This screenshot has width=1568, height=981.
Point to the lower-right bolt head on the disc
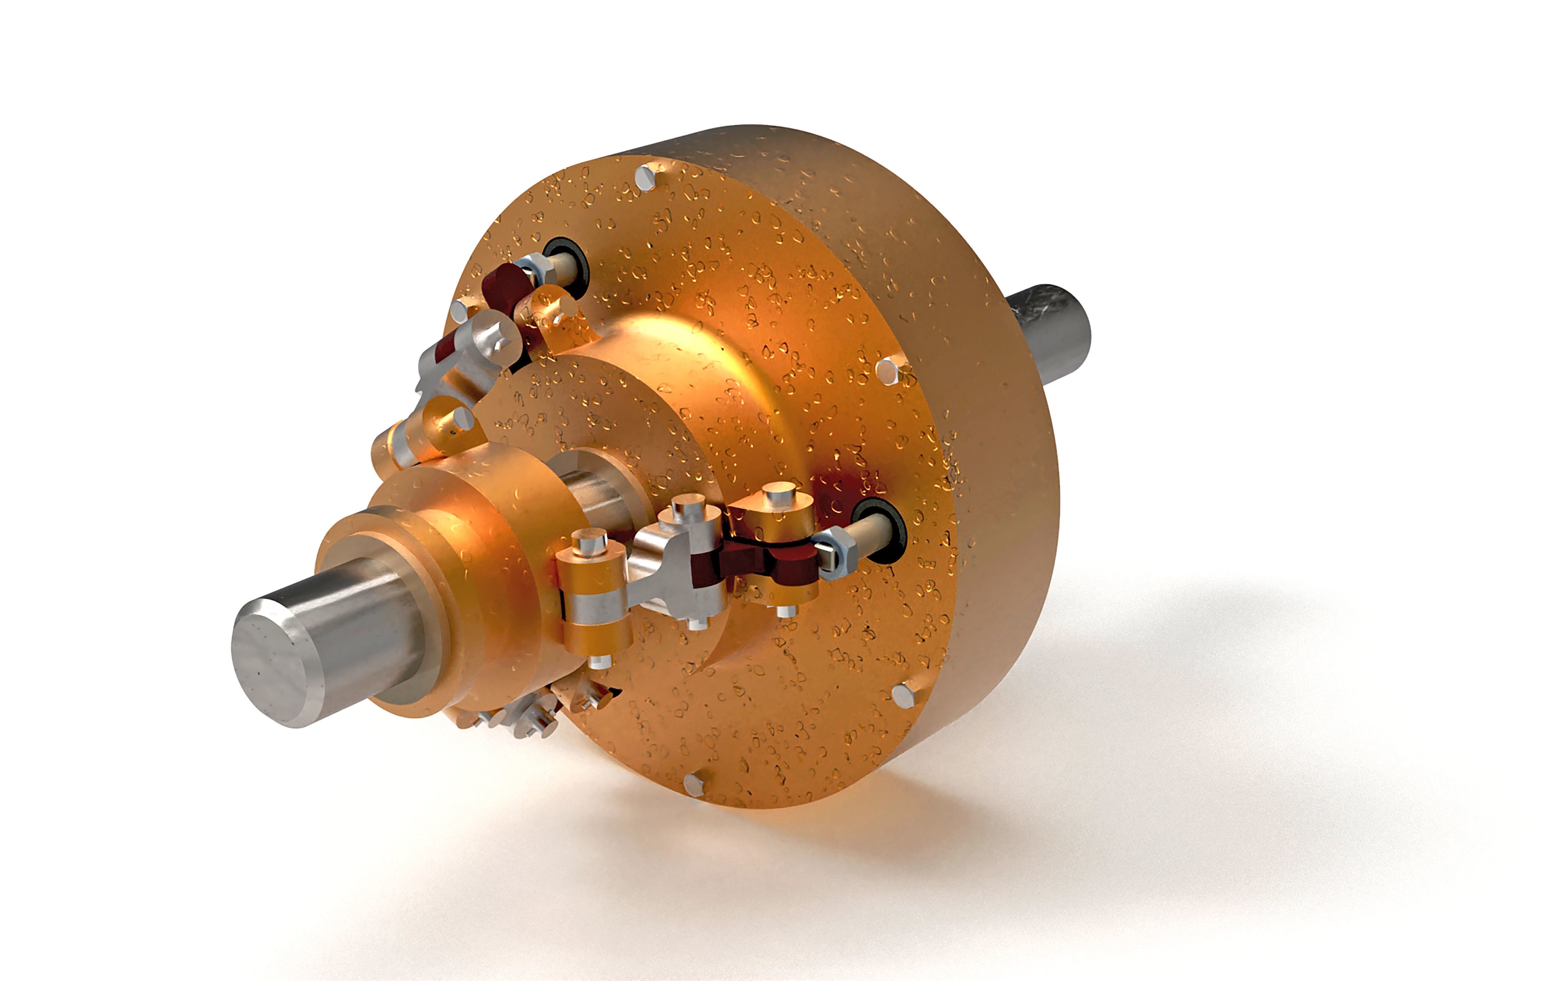903,695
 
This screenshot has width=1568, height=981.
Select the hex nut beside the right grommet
837,551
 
